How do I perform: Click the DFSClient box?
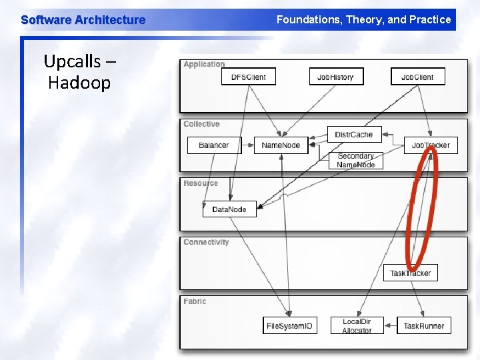248,77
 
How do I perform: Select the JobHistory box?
335,77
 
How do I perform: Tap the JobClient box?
417,77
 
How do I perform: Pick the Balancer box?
213,145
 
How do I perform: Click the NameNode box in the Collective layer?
281,145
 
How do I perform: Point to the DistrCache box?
354,135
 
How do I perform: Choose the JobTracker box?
431,145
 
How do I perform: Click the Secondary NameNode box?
356,161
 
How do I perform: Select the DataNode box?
229,209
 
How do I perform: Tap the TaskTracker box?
410,273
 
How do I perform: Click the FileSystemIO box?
289,326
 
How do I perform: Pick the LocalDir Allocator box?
357,326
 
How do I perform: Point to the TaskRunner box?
423,326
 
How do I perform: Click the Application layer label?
204,65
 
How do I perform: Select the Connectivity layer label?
206,243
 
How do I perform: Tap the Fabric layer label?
195,302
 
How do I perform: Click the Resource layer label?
201,183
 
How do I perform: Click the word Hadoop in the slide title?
79,83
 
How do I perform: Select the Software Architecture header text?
83,20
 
